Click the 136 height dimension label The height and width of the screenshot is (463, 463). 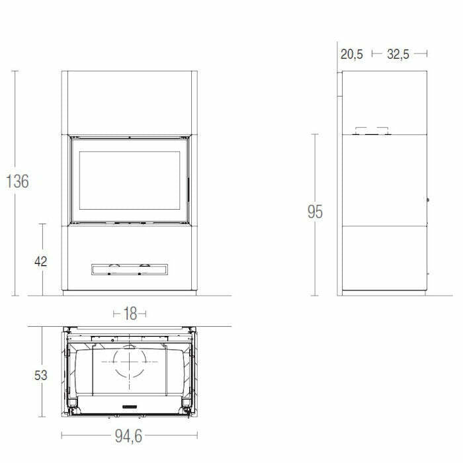pyautogui.click(x=17, y=181)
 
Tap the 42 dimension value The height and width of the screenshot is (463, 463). pyautogui.click(x=40, y=261)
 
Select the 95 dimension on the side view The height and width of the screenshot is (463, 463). pyautogui.click(x=314, y=212)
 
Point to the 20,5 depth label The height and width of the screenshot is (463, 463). pyautogui.click(x=351, y=54)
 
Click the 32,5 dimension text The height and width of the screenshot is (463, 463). pyautogui.click(x=398, y=54)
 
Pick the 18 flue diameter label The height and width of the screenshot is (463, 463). pyautogui.click(x=130, y=314)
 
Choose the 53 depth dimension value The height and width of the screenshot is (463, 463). pyautogui.click(x=40, y=375)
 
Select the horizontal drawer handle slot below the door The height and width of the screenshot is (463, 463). pyautogui.click(x=129, y=269)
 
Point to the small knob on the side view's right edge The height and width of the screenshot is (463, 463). pyautogui.click(x=428, y=200)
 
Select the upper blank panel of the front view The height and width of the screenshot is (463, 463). pyautogui.click(x=129, y=103)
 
